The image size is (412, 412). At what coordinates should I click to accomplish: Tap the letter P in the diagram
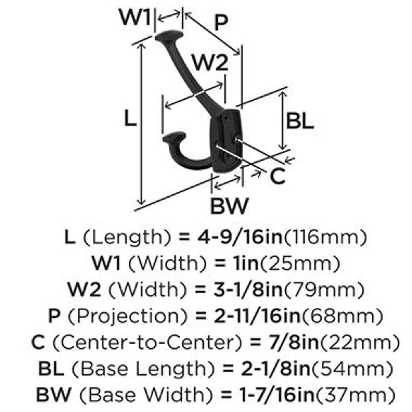tap(221, 23)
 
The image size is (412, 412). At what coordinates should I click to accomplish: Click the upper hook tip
tap(169, 36)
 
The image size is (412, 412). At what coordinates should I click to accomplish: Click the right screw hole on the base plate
tap(235, 139)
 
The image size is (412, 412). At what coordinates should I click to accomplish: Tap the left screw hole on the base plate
tap(218, 146)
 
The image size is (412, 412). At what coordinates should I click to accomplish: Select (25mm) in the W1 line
tap(299, 263)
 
